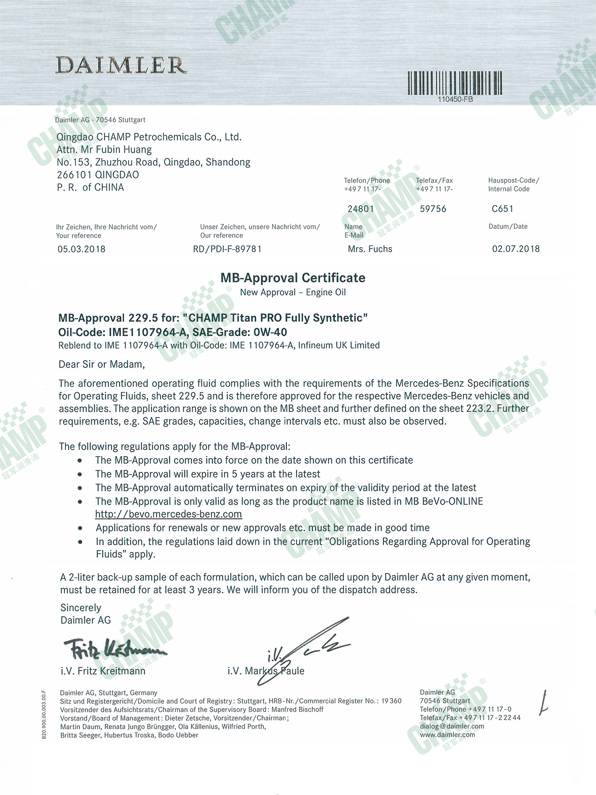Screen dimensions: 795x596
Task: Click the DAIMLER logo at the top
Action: pos(121,65)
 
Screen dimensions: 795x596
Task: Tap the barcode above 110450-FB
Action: pos(455,83)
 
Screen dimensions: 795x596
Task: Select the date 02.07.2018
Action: pos(516,249)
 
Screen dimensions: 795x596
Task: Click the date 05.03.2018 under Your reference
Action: pos(81,249)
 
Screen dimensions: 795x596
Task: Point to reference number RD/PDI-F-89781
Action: pos(227,249)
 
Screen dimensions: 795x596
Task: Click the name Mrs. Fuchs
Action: pos(370,249)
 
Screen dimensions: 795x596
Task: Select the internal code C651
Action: pos(502,209)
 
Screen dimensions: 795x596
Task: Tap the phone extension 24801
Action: pos(361,209)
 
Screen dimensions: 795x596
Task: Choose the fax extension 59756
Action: pos(433,209)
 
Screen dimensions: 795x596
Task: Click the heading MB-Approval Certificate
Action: pos(293,278)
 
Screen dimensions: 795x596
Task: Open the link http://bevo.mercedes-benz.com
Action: pos(169,514)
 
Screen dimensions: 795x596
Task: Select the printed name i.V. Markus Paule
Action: pos(266,671)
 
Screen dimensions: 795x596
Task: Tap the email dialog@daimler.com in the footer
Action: pos(452,726)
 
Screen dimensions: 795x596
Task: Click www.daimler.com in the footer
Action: pos(447,735)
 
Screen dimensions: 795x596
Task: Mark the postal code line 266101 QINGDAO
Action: pos(98,175)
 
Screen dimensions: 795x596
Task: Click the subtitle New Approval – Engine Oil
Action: pos(293,292)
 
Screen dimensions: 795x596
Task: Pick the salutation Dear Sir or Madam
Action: pos(102,365)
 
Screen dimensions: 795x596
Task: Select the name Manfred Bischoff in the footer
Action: pos(297,710)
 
